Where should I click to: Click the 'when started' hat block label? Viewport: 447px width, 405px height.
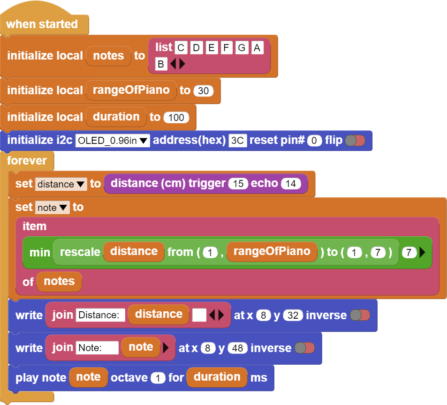click(42, 24)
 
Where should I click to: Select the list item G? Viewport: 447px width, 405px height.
click(242, 47)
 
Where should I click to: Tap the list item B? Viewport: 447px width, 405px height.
click(161, 64)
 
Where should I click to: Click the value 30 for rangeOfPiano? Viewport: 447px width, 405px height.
click(203, 91)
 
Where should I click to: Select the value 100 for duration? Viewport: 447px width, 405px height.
click(176, 117)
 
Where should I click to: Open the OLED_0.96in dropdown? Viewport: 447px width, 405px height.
click(113, 141)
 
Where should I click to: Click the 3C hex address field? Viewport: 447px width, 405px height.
click(237, 141)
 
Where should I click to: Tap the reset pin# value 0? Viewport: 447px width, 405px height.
click(314, 141)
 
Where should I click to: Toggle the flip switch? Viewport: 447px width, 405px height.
click(355, 141)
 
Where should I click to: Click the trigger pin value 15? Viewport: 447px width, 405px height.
click(238, 184)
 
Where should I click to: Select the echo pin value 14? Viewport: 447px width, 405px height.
click(291, 184)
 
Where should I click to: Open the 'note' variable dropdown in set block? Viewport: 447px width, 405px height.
click(53, 207)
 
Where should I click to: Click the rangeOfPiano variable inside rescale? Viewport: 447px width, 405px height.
click(272, 252)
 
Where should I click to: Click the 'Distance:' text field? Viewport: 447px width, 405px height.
click(100, 315)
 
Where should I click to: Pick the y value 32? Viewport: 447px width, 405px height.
click(293, 315)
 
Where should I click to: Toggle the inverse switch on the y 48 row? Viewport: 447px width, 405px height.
click(304, 348)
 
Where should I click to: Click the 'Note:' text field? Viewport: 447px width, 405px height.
click(97, 348)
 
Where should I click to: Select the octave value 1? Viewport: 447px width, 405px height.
click(158, 378)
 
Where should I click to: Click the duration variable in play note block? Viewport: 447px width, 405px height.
click(217, 377)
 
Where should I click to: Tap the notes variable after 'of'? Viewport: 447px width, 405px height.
click(59, 282)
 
